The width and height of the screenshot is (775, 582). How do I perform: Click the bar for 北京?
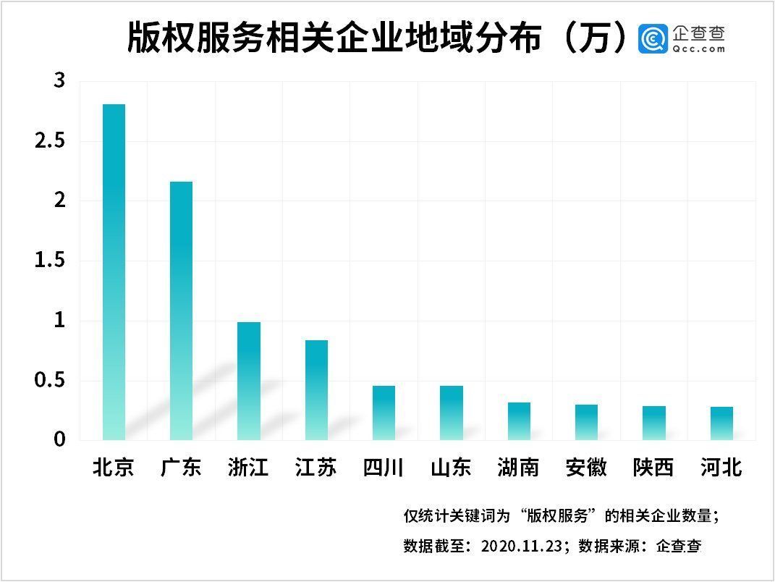point(114,272)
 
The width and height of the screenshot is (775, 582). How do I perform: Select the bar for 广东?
point(181,311)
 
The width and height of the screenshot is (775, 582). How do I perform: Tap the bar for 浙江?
point(249,381)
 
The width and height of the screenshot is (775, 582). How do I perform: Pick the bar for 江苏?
point(316,390)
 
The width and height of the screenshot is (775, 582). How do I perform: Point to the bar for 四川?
point(384,413)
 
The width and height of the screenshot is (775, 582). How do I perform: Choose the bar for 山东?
point(452,413)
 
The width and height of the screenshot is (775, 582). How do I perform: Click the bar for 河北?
point(721,423)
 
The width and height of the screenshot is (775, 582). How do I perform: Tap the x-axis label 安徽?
point(586,468)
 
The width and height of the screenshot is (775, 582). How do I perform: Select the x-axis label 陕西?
point(653,468)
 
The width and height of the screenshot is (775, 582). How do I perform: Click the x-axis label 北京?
point(114,468)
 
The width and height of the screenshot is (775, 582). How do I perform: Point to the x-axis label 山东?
point(452,468)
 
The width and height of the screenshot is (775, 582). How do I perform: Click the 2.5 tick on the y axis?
point(50,141)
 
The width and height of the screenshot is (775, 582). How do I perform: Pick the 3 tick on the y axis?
point(59,81)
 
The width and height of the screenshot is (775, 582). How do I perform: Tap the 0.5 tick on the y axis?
point(50,380)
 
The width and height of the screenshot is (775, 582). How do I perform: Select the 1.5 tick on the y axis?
point(50,261)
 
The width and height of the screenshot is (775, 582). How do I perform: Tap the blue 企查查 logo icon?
point(653,38)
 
